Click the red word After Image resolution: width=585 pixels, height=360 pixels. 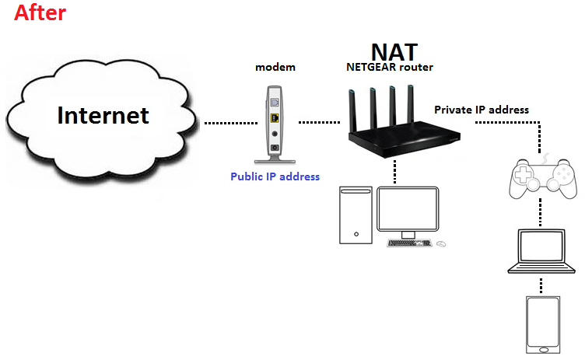tap(40, 12)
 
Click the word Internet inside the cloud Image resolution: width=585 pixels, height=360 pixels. tap(103, 115)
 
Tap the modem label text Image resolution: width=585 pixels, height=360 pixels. tap(275, 67)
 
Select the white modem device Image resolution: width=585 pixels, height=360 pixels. tap(275, 124)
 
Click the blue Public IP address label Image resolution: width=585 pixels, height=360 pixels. tap(275, 177)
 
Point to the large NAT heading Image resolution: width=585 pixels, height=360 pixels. tap(394, 52)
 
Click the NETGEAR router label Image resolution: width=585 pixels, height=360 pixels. tap(390, 67)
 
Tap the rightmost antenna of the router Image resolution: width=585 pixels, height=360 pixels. tap(411, 103)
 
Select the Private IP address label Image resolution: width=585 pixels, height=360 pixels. tap(482, 110)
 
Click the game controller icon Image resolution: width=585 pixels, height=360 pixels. tap(543, 178)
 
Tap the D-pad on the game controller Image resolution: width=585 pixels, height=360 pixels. tap(522, 174)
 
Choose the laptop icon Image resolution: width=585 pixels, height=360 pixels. tap(541, 251)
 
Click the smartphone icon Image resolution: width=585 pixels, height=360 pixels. tap(543, 325)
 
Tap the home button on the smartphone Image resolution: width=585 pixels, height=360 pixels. tap(544, 350)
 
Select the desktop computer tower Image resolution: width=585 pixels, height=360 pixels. tap(356, 215)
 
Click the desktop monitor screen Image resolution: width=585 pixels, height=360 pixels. tap(408, 209)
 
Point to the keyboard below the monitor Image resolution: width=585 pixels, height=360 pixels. tap(409, 243)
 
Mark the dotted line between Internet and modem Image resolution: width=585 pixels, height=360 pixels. tap(231, 123)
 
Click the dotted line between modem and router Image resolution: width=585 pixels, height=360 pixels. tap(320, 122)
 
